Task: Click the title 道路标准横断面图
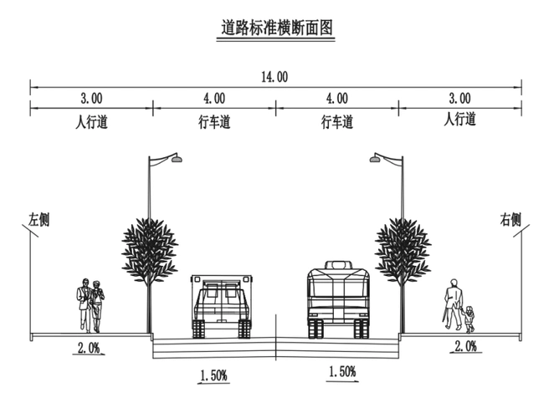pyautogui.click(x=277, y=28)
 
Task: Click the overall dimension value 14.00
pyautogui.click(x=275, y=76)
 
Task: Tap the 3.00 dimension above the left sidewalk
pyautogui.click(x=91, y=98)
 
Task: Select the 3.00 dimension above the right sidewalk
pyautogui.click(x=459, y=98)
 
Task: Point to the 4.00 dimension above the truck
pyautogui.click(x=213, y=98)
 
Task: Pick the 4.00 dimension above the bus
pyautogui.click(x=336, y=98)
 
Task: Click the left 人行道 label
pyautogui.click(x=91, y=122)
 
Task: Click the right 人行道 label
pyautogui.click(x=459, y=120)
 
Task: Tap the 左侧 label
pyautogui.click(x=39, y=220)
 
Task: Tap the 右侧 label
pyautogui.click(x=510, y=220)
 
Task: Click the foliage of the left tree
pyautogui.click(x=150, y=249)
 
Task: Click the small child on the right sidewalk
pyautogui.click(x=470, y=318)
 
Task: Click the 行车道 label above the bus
pyautogui.click(x=337, y=122)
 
